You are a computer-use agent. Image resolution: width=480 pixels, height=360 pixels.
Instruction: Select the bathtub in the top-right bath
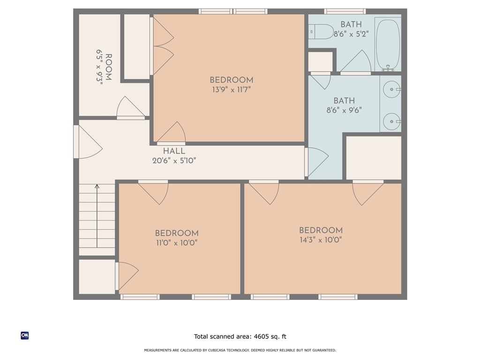[388, 44]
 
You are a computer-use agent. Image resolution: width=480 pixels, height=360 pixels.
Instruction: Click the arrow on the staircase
[97, 216]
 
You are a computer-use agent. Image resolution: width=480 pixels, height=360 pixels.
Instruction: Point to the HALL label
[174, 151]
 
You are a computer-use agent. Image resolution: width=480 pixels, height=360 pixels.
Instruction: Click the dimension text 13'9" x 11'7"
[231, 90]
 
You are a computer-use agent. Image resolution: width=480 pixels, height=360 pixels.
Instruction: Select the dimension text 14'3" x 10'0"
[321, 240]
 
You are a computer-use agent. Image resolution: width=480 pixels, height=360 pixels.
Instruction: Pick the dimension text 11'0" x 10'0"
[177, 243]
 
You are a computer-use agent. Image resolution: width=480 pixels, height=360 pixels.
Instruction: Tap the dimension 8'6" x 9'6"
[344, 111]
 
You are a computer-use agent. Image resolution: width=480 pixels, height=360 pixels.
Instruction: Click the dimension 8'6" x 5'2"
[351, 34]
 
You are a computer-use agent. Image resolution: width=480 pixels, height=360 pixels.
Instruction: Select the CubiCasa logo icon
[25, 336]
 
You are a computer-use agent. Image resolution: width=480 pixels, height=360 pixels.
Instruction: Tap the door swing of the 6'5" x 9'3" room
[130, 108]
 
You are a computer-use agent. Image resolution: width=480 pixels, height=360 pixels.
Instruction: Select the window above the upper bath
[345, 11]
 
